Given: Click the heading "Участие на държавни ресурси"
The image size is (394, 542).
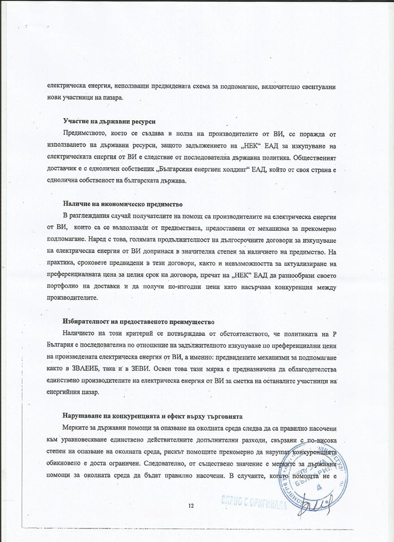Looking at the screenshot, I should [x=108, y=122].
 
